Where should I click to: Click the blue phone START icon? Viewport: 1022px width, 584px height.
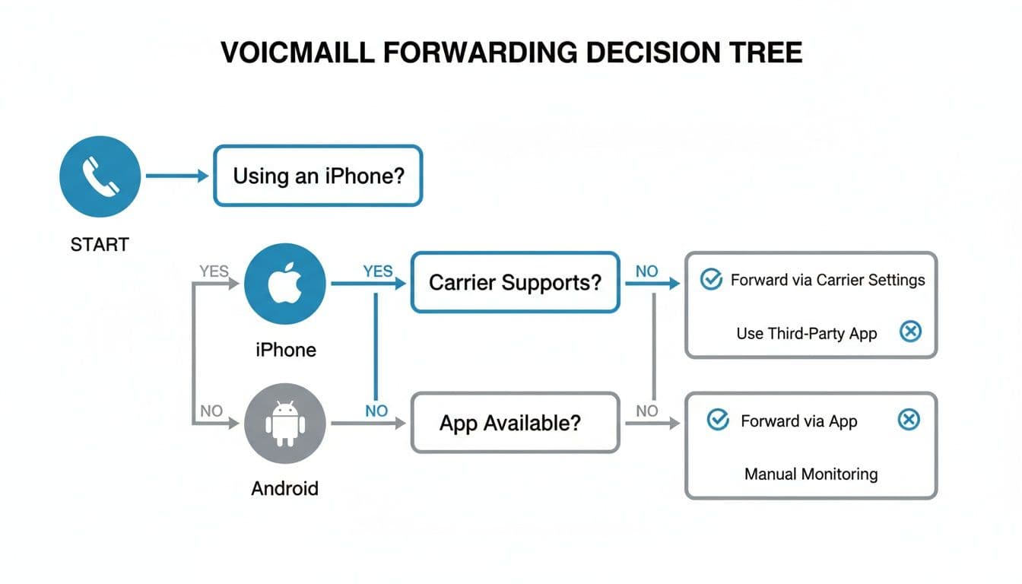(100, 176)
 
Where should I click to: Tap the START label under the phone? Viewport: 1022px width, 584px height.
(100, 245)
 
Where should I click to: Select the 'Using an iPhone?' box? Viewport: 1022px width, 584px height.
(318, 176)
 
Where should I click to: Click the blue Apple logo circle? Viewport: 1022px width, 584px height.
(285, 284)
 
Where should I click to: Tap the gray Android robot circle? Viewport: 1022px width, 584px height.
(285, 424)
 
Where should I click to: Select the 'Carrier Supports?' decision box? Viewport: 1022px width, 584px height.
(515, 283)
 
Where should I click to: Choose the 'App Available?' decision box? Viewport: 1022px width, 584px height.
(515, 423)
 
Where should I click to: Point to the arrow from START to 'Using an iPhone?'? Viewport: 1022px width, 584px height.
(176, 176)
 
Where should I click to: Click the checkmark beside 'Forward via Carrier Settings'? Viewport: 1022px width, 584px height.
(710, 280)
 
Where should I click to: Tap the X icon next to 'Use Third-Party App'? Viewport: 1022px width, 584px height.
(910, 332)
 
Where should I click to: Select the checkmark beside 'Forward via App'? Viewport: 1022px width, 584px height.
(718, 420)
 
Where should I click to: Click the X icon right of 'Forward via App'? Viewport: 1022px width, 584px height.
(909, 420)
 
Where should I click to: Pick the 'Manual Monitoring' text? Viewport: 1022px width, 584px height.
(811, 474)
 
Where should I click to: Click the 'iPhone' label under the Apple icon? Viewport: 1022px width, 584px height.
(285, 350)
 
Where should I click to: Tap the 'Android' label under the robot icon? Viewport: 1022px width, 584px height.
(285, 488)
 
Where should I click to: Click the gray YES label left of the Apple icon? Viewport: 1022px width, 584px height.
(214, 271)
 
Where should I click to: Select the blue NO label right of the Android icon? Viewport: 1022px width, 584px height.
(376, 411)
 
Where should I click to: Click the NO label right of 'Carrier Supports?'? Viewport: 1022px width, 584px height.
(646, 271)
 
